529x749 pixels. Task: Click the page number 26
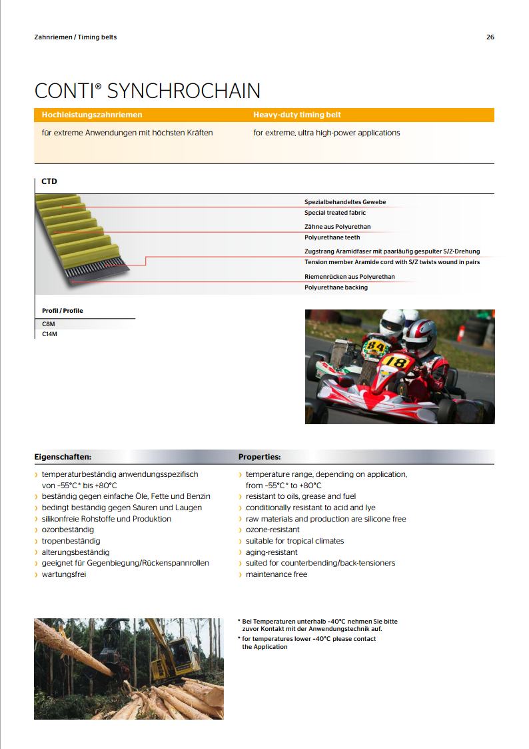pos(490,37)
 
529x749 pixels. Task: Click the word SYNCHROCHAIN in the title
pos(184,91)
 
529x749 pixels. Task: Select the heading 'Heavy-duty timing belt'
pos(297,115)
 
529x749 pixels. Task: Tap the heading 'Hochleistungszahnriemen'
pos(92,115)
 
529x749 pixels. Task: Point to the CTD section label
pos(49,181)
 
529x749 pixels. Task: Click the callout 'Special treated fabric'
pos(335,213)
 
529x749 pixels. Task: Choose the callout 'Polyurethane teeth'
pos(332,237)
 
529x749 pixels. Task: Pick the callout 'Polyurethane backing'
pos(336,287)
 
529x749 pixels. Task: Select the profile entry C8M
pos(49,323)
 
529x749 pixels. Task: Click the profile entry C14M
pos(50,334)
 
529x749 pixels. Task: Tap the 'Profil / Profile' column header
pos(63,311)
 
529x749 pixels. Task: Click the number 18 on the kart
pos(395,363)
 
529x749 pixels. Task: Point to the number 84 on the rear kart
pos(376,346)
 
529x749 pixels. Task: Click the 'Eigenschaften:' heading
pos(63,458)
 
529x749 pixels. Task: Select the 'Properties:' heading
pos(259,458)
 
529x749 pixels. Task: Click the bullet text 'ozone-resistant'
pos(272,530)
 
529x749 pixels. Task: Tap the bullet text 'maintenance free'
pos(276,574)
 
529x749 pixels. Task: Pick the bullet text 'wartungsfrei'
pos(64,574)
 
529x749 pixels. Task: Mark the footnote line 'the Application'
pos(265,647)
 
